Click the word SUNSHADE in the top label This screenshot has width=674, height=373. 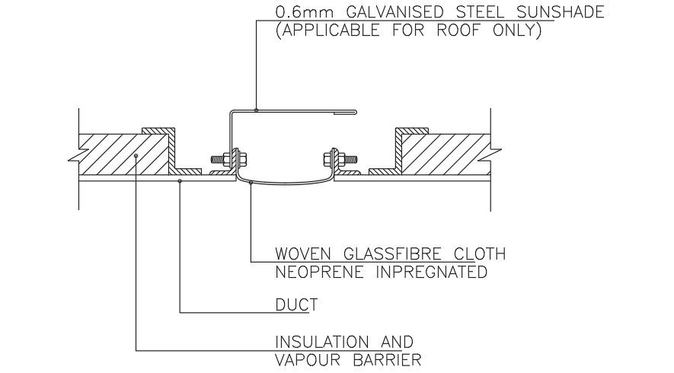560,11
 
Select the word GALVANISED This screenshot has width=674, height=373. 394,11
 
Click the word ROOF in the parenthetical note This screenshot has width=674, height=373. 458,30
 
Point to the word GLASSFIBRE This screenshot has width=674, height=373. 392,253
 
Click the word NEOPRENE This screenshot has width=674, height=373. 319,272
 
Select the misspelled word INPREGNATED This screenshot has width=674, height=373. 432,272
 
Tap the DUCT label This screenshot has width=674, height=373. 296,304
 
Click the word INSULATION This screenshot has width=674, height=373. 322,342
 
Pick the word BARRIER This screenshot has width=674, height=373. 387,360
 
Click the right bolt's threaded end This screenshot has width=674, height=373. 351,159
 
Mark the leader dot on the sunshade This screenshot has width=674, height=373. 256,110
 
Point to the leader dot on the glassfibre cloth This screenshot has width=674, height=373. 251,182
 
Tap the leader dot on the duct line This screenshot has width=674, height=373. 180,181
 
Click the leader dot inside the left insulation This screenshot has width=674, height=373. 136,155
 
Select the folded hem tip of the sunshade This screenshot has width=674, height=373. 355,113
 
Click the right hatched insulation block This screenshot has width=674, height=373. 447,155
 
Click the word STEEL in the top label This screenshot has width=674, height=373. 480,11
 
